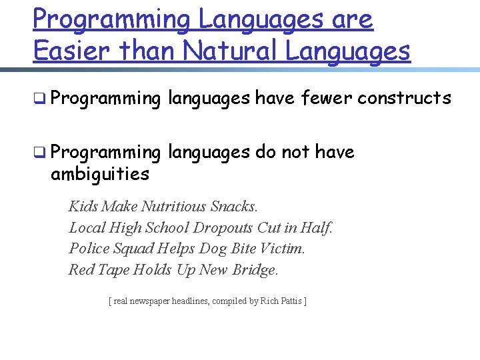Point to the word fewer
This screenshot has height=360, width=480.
327,98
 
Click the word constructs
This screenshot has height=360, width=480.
404,98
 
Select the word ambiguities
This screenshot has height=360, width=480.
99,174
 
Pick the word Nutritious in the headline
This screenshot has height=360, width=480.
175,206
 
